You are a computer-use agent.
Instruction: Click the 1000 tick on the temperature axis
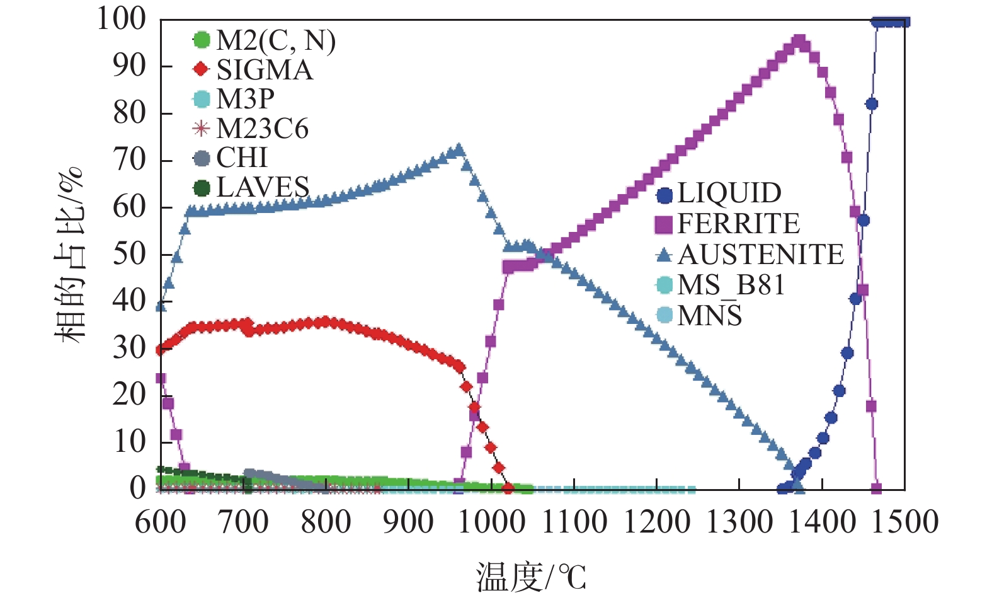point(491,522)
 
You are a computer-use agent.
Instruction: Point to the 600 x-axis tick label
point(161,522)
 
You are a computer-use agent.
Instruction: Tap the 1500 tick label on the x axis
point(904,522)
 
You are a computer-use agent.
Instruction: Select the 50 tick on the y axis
point(129,254)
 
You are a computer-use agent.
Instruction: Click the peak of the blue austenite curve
point(459,150)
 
